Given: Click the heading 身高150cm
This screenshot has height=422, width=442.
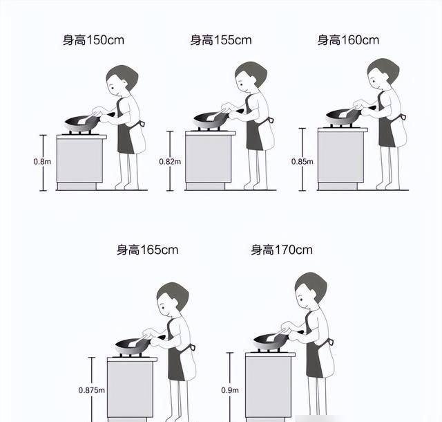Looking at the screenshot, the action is point(93,40).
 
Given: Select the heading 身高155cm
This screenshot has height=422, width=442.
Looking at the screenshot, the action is point(221,40).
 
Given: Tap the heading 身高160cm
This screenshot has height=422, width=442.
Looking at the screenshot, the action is point(348,40).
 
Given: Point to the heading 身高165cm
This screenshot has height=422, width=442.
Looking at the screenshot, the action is point(147,250).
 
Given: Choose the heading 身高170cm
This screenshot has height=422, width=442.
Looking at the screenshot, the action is point(282,250).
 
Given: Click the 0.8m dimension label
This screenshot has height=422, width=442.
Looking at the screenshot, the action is point(42,162).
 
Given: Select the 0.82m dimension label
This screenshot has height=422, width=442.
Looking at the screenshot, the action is point(170,162).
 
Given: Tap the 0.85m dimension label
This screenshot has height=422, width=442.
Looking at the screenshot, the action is point(302,162).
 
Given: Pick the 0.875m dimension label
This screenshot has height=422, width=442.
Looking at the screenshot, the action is point(92,390).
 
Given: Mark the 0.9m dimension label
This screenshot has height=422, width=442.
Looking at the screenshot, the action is point(230,390).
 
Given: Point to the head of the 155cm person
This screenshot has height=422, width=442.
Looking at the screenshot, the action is point(250,76).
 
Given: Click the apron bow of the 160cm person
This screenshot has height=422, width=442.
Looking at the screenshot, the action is point(403,116).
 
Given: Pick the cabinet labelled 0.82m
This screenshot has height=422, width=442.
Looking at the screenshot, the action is point(209,160).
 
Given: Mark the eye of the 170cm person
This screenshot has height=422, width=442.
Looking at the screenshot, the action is point(301,300).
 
